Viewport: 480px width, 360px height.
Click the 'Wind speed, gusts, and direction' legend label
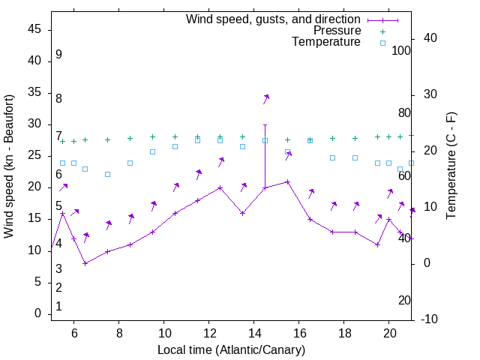point(273,19)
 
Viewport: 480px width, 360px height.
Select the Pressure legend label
point(337,31)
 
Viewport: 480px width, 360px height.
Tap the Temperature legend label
point(325,42)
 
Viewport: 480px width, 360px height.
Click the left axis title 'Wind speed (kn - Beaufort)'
point(9,166)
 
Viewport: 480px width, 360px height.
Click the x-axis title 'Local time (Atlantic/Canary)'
point(231,350)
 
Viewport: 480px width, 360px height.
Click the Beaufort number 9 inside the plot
point(58,55)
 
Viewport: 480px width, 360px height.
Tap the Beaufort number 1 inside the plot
point(58,307)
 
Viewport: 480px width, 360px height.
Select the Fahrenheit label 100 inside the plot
point(401,50)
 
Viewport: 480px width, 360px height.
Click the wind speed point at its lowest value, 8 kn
point(85,263)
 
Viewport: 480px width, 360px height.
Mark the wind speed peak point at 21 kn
point(288,181)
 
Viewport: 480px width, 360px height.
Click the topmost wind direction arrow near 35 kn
point(265,98)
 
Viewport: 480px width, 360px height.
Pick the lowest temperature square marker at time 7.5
point(108,174)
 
